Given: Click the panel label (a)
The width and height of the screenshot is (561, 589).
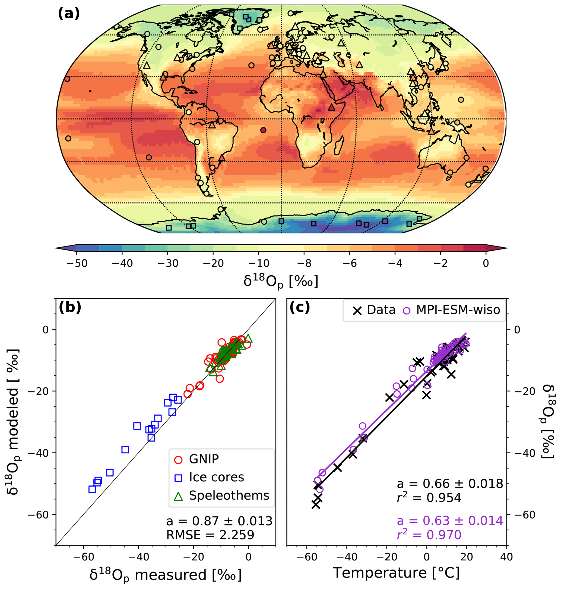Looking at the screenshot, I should tap(69, 14).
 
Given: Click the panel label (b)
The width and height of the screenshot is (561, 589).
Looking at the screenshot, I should tap(70, 307).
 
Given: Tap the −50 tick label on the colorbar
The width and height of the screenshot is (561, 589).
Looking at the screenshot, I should tap(77, 263).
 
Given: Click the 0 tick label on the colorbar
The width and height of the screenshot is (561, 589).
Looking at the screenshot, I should tap(486, 263).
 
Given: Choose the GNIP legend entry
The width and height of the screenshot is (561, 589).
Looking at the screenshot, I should tap(204, 459).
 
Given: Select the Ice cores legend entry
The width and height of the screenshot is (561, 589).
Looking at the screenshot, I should tap(216, 477).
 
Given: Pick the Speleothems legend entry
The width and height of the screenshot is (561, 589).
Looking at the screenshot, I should tap(229, 495).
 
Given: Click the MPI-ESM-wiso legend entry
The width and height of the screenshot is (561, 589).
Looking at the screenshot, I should tap(458, 310).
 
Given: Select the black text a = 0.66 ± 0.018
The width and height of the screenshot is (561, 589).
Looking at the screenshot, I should tap(450, 484).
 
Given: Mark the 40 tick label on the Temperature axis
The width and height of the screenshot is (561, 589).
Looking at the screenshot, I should tap(506, 557).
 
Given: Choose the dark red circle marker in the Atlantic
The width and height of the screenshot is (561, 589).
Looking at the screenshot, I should tap(263, 130).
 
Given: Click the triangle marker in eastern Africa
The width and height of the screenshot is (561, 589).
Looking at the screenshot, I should tap(331, 107).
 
